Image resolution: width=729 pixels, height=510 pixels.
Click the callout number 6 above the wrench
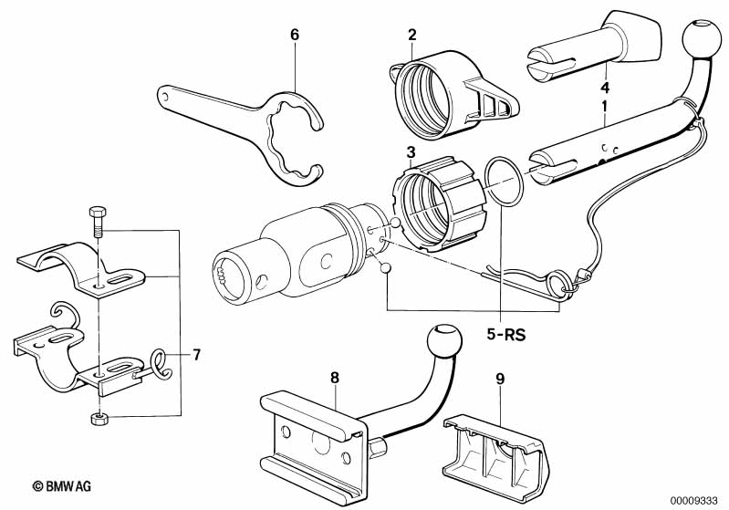pos(295,35)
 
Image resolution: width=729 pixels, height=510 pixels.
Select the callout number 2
pos(411,35)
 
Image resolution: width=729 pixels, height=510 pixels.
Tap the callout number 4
pos(603,88)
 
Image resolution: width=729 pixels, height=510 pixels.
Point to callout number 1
pos(603,108)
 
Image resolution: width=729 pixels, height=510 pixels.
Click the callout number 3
pos(411,151)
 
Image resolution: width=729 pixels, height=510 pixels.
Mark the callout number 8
pos(334,375)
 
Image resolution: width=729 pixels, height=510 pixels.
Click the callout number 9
pos(524,375)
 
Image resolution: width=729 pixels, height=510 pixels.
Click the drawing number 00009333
pos(693,498)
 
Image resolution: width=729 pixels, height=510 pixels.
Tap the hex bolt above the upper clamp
pos(98,219)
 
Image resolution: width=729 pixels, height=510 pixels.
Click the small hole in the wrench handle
pos(165,95)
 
